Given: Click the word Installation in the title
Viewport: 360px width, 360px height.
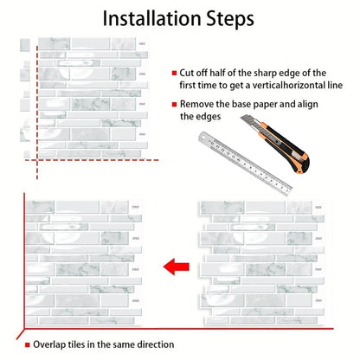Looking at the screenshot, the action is tap(151, 18).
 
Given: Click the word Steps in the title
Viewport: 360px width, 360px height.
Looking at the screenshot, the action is tap(230, 19).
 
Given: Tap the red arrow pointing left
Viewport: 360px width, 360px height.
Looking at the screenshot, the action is tap(177, 267).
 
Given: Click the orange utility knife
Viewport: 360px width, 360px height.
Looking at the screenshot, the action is tap(275, 143).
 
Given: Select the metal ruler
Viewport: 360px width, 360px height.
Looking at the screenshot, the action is tap(245, 164).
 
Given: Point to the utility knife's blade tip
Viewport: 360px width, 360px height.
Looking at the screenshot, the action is tap(241, 116).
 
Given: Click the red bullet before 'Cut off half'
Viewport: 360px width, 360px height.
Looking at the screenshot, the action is tap(174, 74).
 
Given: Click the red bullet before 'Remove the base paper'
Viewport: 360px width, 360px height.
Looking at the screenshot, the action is tap(174, 104).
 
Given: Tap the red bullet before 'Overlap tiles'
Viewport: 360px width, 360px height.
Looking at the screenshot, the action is tap(28, 344).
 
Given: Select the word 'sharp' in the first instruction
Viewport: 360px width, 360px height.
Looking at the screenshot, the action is tap(267, 74).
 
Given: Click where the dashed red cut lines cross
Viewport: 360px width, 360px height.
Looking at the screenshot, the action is tap(37, 160).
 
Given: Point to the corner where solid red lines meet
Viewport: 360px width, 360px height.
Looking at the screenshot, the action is tap(24, 328).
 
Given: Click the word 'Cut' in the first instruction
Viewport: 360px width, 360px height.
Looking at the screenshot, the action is tap(186, 73).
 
